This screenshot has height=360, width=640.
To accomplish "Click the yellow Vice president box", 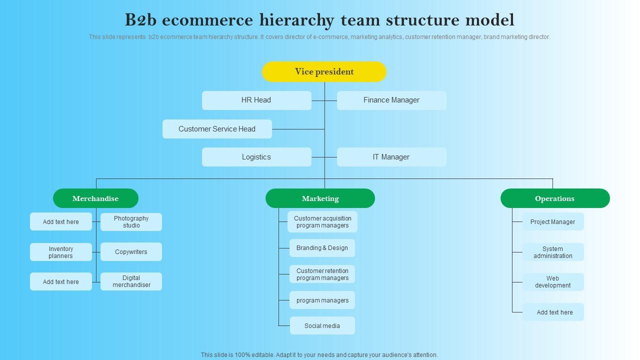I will click(x=324, y=71).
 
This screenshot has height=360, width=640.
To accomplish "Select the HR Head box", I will click(x=256, y=100).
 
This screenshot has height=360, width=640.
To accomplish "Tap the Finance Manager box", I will click(x=391, y=100).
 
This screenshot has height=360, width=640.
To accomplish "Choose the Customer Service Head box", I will click(x=217, y=129).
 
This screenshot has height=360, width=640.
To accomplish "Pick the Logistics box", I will click(x=256, y=157).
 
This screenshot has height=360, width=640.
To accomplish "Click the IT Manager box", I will click(x=391, y=157).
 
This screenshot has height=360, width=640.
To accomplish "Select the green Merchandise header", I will click(x=95, y=198).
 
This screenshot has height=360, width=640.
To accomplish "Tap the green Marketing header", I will click(x=320, y=198).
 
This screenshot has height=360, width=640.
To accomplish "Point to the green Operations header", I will click(x=555, y=198).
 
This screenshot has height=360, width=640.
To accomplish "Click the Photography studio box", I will click(x=131, y=222).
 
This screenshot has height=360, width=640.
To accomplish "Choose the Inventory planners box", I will click(x=61, y=252).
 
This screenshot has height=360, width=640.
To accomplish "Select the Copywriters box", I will click(x=131, y=252).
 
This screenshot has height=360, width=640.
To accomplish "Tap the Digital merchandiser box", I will click(x=131, y=281).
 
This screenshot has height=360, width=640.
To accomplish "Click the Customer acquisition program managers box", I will click(x=322, y=222).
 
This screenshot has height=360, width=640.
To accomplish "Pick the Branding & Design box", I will click(x=322, y=248).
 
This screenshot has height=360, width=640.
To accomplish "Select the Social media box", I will click(x=322, y=325).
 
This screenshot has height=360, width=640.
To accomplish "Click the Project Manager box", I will click(x=553, y=222).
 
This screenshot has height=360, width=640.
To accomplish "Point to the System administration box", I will click(x=553, y=252).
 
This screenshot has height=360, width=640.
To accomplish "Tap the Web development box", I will click(x=553, y=282).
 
